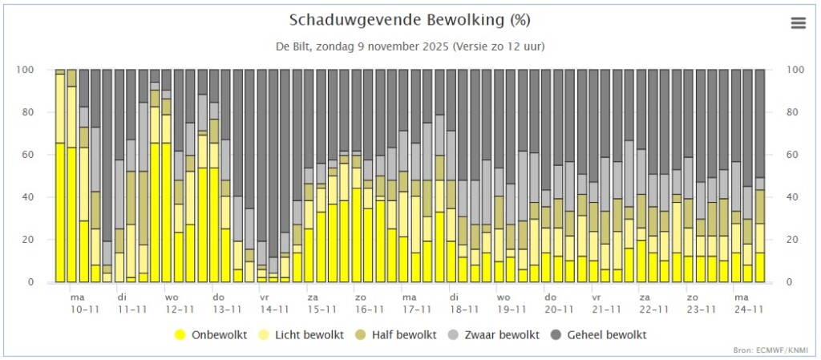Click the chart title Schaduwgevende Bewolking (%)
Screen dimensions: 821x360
(x=410, y=20)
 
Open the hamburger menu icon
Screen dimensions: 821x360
(x=799, y=23)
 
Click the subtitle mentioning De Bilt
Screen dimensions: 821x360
(x=410, y=47)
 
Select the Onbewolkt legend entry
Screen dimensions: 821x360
(x=211, y=335)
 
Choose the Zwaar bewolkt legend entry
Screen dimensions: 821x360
(x=490, y=335)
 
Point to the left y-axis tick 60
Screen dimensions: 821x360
(x=42, y=155)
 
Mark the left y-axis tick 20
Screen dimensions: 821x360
(x=42, y=240)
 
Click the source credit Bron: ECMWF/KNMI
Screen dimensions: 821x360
(x=778, y=350)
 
